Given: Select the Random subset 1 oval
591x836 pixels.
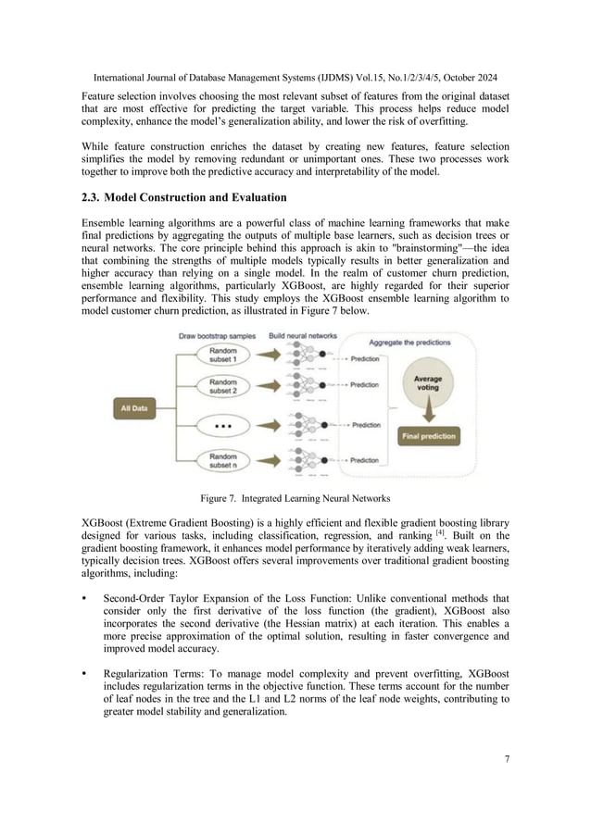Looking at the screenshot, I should (222, 356).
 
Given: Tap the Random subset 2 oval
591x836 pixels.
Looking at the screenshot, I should (222, 386).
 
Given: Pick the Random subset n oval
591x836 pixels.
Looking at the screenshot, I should (222, 459).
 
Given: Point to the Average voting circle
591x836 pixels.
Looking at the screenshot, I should (427, 383).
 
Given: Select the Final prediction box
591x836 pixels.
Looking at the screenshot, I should (427, 434).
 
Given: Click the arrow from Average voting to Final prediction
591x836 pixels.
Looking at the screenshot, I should (427, 412).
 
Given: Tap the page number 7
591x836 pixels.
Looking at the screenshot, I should (507, 759).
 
